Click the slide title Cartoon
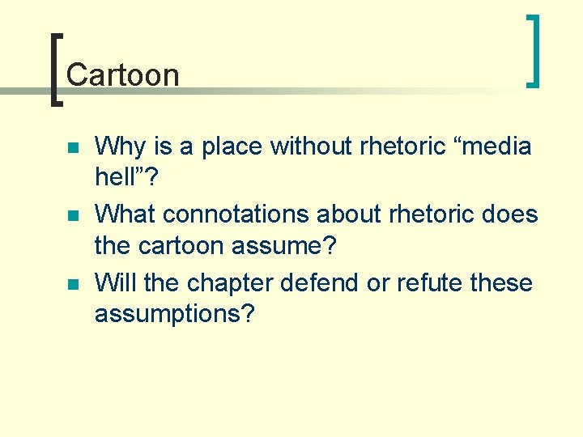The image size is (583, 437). pyautogui.click(x=122, y=74)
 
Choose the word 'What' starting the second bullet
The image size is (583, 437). pyautogui.click(x=126, y=214)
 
